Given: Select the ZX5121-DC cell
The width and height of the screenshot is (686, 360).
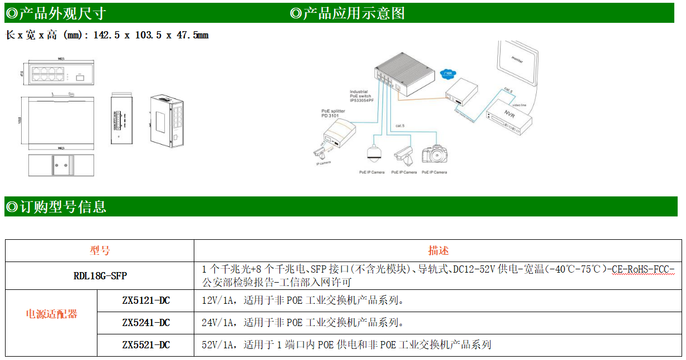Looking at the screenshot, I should pos(145,301).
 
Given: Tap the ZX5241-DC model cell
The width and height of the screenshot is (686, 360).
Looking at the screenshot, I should pos(145,323).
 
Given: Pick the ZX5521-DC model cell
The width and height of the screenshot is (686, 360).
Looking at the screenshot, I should pos(145,345).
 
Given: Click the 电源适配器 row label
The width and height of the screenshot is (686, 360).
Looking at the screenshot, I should pos(51,314).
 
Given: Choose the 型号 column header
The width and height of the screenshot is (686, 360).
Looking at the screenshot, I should pos(100,251).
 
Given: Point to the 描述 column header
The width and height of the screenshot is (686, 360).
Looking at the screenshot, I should pos(438,251).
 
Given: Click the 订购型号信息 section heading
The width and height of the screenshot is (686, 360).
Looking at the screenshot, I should pos(56,207).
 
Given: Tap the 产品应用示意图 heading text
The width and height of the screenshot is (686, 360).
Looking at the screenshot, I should pos(348,13).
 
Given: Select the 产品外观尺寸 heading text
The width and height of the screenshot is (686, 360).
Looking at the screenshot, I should pos(56,13).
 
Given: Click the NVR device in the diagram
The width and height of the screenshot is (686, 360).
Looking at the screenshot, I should pos(506,117).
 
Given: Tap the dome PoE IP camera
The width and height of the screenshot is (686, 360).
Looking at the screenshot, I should pos(371,155).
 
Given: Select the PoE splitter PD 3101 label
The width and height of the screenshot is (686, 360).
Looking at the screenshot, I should pos(333,113).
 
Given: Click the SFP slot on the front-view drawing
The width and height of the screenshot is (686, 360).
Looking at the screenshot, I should pos(79,78).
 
